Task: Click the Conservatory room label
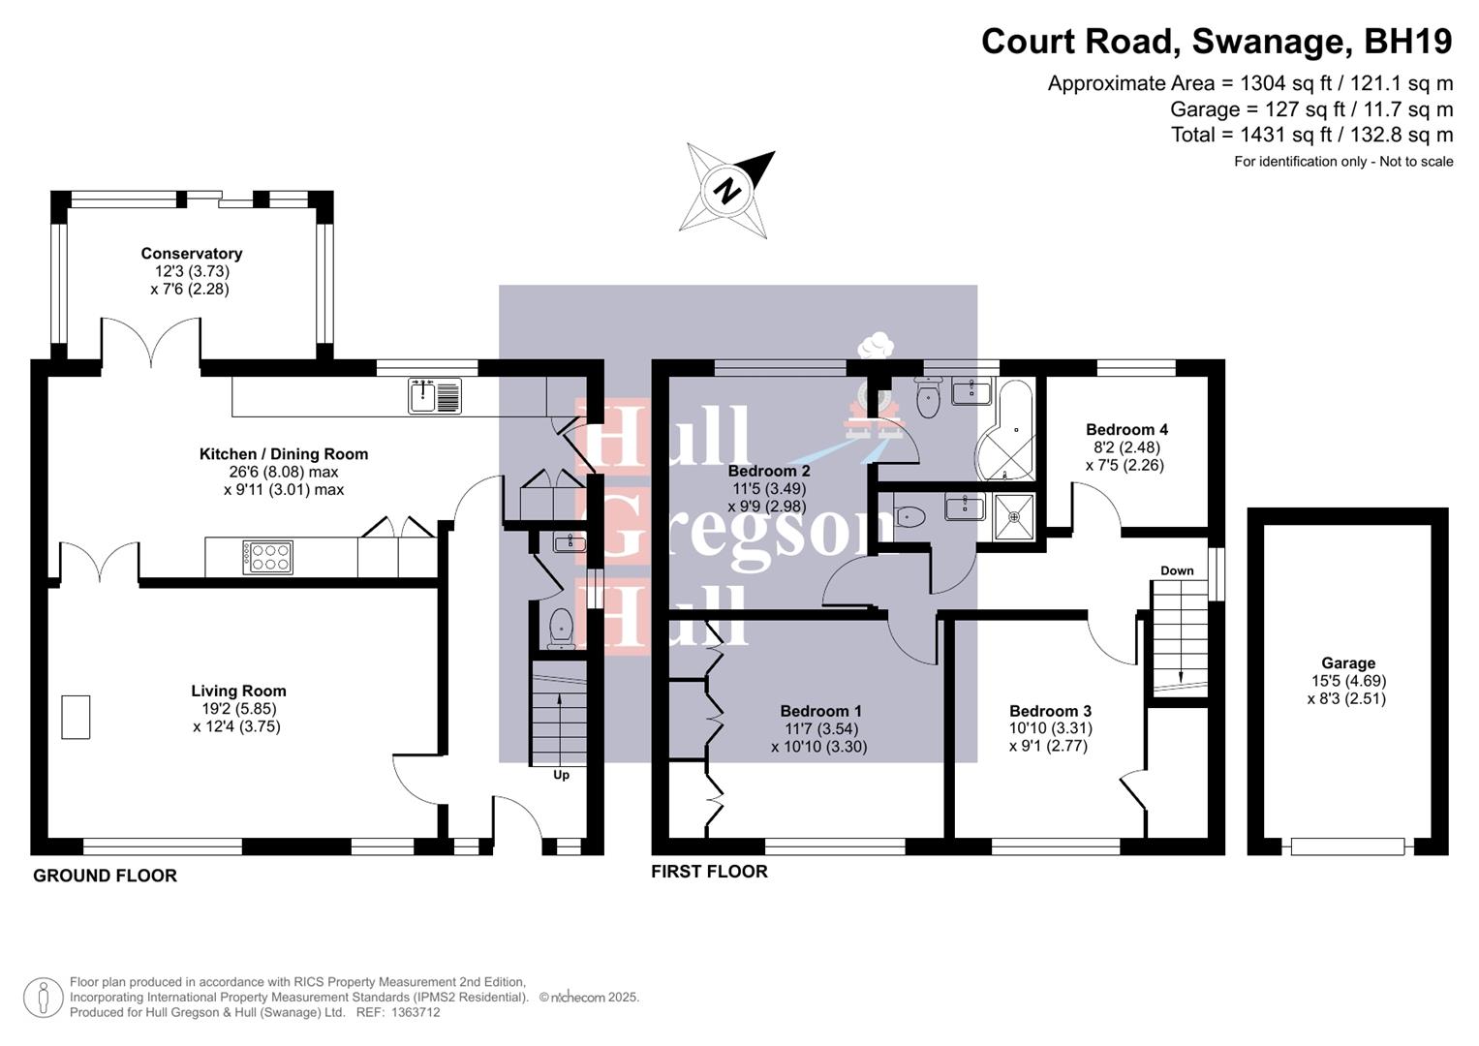click(192, 254)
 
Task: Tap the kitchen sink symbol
click(435, 395)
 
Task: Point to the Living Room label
click(238, 691)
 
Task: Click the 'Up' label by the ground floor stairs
click(561, 775)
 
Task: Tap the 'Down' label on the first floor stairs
click(1177, 570)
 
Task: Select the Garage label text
click(1348, 663)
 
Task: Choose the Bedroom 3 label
click(1050, 711)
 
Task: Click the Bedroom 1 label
click(820, 711)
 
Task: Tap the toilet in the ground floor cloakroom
click(561, 628)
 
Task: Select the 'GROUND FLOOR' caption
click(105, 876)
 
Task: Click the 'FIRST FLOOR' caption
click(709, 872)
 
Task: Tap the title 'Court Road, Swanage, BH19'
click(1217, 42)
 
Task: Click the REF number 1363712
click(416, 1012)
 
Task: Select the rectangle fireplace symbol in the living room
click(76, 718)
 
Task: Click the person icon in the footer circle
click(44, 998)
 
